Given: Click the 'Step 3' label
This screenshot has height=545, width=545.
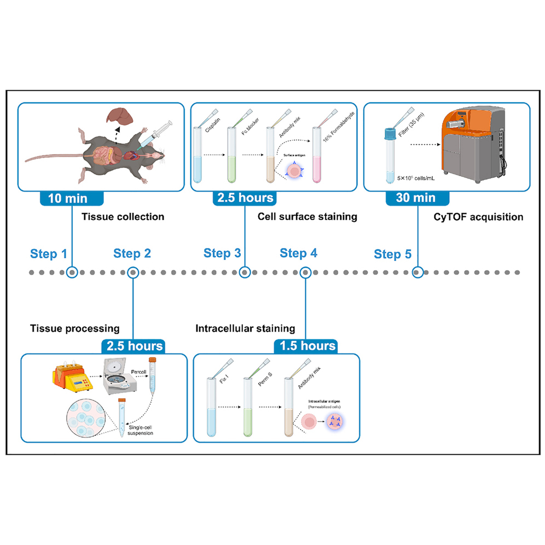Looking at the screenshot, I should pyautogui.click(x=222, y=253).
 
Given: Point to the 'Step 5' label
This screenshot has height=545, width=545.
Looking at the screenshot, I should pyautogui.click(x=392, y=254).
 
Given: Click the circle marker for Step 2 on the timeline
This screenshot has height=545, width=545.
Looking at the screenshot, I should pyautogui.click(x=132, y=272).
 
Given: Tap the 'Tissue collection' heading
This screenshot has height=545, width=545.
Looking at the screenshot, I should pyautogui.click(x=123, y=217).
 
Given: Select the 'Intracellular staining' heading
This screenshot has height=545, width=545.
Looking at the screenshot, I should pyautogui.click(x=245, y=328).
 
